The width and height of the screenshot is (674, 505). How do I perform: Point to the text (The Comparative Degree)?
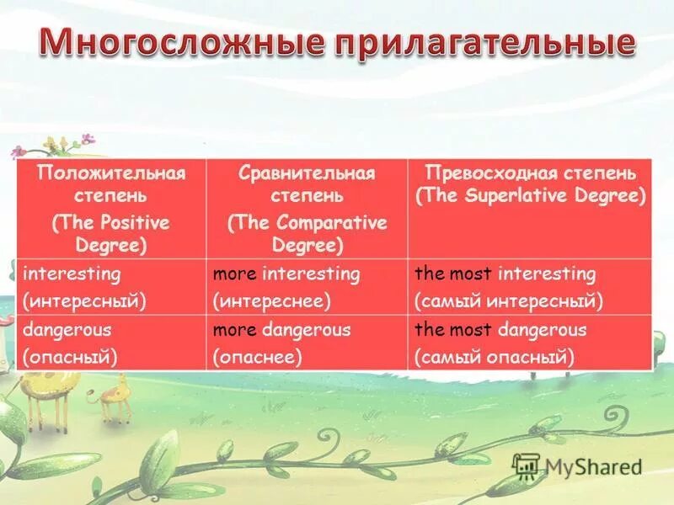[307, 234]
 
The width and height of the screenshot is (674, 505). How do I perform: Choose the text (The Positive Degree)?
[110, 234]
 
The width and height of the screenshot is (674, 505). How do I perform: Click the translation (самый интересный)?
[509, 300]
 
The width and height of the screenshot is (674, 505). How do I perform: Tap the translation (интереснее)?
[272, 300]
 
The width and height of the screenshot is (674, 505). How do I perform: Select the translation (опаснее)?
[258, 356]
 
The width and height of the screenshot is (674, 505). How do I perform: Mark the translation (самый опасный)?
[495, 356]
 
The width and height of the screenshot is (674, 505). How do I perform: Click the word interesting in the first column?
[72, 274]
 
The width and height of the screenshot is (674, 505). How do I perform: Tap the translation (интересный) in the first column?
[84, 300]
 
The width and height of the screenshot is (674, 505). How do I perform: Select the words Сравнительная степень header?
[307, 184]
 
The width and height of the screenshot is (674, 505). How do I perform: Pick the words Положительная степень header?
[110, 184]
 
